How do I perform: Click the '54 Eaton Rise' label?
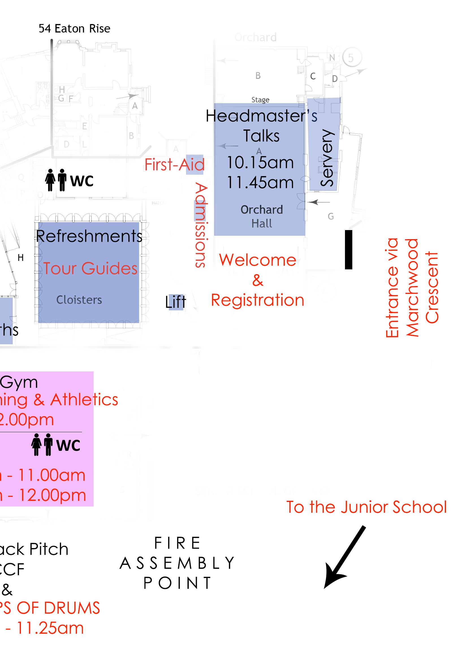point(74,29)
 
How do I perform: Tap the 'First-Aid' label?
point(174,165)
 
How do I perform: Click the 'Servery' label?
point(327,158)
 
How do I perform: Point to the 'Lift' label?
point(176,302)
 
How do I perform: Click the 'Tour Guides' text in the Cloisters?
point(90,269)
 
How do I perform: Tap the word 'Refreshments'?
point(89,236)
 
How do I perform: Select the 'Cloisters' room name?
point(79,300)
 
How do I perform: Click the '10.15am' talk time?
point(260,163)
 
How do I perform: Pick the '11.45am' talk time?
point(260,183)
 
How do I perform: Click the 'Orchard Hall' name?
point(262,217)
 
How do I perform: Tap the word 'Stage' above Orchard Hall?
point(260,100)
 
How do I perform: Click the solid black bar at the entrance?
point(348,249)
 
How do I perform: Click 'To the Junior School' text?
point(366,507)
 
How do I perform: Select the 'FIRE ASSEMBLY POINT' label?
point(177,563)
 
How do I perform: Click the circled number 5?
point(351,58)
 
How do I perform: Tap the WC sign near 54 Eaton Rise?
point(69,180)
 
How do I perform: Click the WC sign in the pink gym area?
point(56,445)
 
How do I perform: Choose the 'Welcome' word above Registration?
point(257,260)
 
